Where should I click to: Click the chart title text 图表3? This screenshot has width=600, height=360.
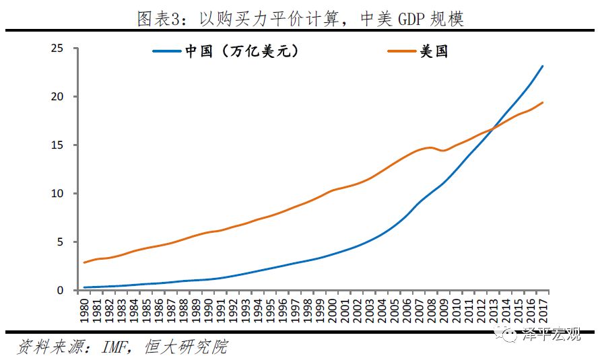click(x=158, y=18)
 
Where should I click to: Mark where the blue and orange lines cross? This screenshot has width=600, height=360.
click(x=493, y=128)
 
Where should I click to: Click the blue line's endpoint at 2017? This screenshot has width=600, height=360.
click(x=543, y=66)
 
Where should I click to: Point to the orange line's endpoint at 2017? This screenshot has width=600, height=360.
click(x=543, y=102)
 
